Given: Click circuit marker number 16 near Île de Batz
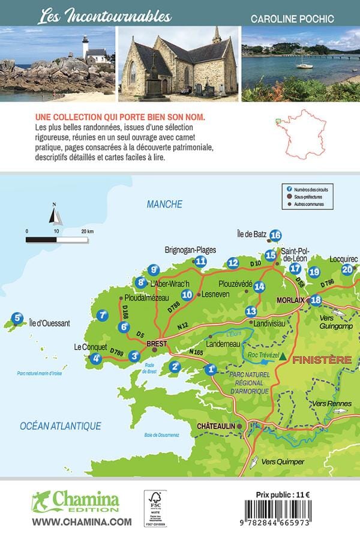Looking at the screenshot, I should click(x=275, y=235).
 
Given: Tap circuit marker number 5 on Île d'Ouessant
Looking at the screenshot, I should click(x=18, y=319).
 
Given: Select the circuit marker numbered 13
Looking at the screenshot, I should click(x=251, y=311).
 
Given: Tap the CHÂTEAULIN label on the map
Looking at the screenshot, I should click(x=214, y=426).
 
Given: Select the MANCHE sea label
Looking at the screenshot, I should click(x=164, y=205).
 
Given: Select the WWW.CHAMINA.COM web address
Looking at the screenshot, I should click(x=81, y=522).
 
